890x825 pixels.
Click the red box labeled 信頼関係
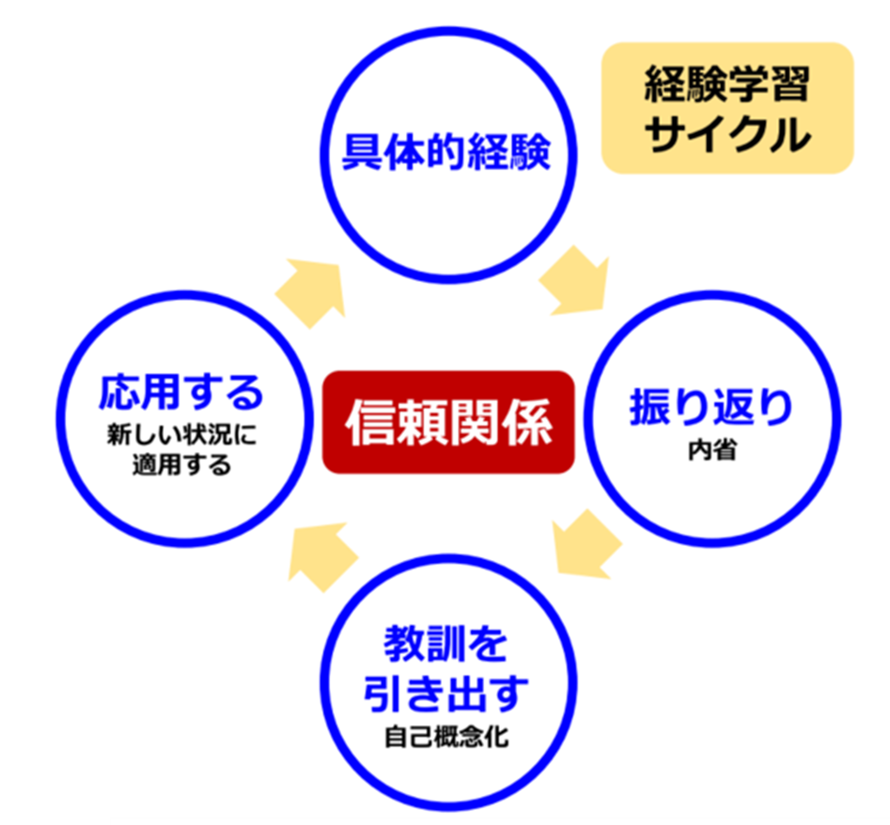pyautogui.click(x=447, y=422)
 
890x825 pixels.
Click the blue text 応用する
pyautogui.click(x=181, y=393)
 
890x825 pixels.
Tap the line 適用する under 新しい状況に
pyautogui.click(x=181, y=464)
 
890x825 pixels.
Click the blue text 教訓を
pyautogui.click(x=445, y=645)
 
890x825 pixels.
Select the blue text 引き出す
pyautogui.click(x=445, y=693)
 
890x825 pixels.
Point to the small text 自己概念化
pyautogui.click(x=445, y=737)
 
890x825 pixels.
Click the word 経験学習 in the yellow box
pyautogui.click(x=726, y=88)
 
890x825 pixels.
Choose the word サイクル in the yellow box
pyautogui.click(x=726, y=134)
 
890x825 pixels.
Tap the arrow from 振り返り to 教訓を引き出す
pyautogui.click(x=584, y=545)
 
